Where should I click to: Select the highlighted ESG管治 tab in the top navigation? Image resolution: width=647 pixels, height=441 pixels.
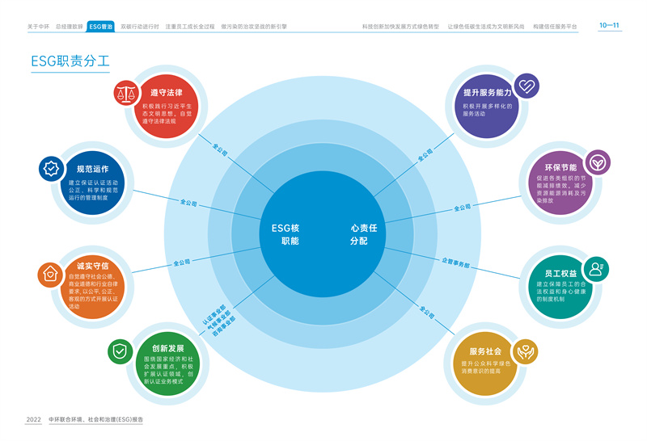101,27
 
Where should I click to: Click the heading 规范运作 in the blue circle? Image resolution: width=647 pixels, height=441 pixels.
92,169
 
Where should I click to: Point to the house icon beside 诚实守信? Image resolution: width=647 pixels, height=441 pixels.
49,274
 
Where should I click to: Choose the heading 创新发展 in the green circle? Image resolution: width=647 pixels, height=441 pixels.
168,348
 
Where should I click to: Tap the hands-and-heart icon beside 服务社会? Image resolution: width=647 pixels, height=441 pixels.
525,350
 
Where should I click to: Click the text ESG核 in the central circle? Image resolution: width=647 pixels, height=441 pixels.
285,228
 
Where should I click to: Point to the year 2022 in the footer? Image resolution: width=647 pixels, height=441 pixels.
33,420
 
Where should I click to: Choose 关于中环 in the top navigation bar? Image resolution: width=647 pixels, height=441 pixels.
38,27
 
